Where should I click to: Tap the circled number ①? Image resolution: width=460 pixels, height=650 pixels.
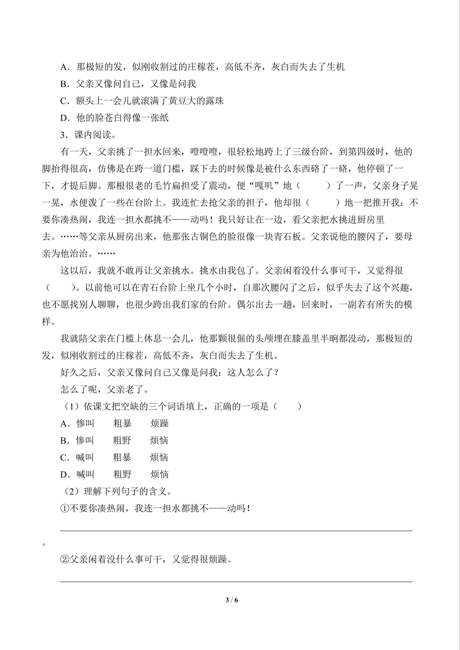coord(65,509)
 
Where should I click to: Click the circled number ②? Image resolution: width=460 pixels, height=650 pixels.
coord(65,559)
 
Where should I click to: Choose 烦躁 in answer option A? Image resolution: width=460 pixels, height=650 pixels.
coord(160,423)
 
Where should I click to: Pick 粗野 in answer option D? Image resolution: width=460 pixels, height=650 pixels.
coord(122,475)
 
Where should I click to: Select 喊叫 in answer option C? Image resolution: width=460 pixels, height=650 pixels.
coord(85,458)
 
